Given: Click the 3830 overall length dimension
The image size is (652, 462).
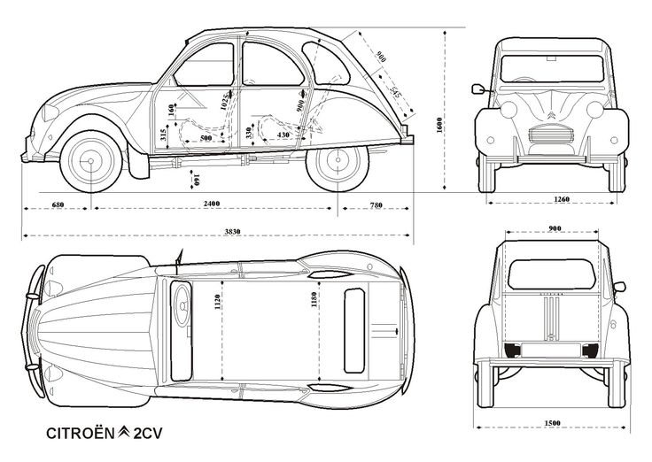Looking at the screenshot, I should click(x=217, y=228).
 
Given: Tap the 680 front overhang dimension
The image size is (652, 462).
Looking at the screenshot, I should click(x=58, y=204).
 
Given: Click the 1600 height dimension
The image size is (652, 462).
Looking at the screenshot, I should click(x=440, y=125).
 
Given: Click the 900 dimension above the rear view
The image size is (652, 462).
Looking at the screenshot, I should click(x=555, y=229).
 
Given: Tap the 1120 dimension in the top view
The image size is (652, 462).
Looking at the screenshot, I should click(x=215, y=304).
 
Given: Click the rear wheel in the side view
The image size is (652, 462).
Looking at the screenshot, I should click(x=337, y=161).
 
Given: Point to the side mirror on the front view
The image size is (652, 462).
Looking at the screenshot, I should click(x=479, y=89).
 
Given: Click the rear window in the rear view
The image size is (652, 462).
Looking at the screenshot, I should click(x=556, y=265).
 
